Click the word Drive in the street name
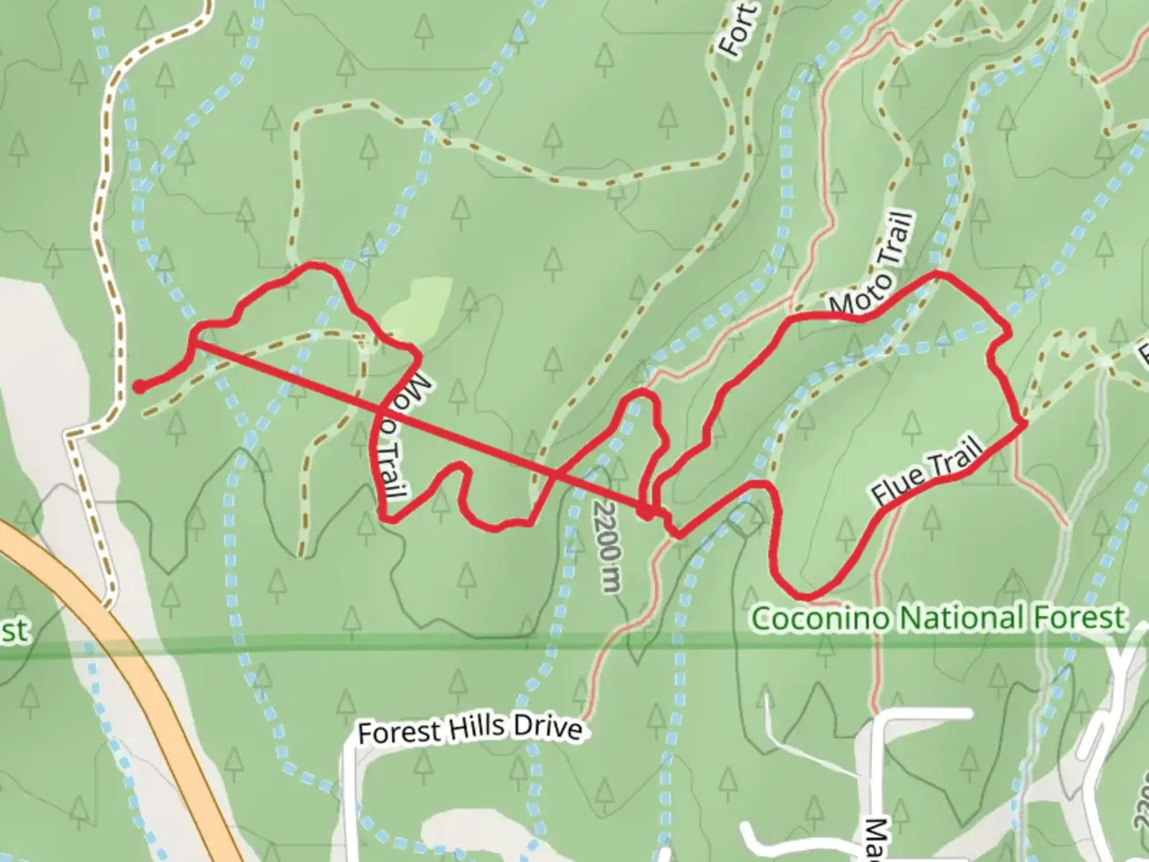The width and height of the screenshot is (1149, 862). coord(548,729)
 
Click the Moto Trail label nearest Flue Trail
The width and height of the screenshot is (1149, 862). coord(871,263)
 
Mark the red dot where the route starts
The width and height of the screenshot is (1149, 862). coord(139,387)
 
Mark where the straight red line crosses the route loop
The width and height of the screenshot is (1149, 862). coord(555,474)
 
